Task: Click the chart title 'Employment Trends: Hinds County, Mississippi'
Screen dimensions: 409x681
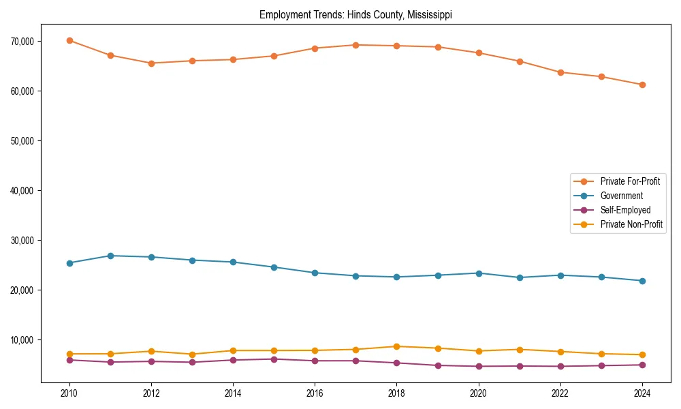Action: (x=355, y=15)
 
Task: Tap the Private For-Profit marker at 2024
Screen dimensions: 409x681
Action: (x=642, y=85)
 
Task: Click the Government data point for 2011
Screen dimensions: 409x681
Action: (x=110, y=256)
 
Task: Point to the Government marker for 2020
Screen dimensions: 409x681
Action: (x=479, y=273)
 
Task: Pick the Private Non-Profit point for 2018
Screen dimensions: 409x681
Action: (x=397, y=346)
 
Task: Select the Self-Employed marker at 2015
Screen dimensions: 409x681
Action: (x=274, y=359)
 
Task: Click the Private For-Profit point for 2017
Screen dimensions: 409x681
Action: (x=356, y=45)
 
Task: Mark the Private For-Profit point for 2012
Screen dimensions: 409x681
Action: (x=151, y=63)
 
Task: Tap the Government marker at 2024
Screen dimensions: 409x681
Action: (x=642, y=281)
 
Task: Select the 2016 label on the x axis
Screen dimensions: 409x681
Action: (x=315, y=393)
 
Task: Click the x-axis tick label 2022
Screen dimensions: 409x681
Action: (x=560, y=393)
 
